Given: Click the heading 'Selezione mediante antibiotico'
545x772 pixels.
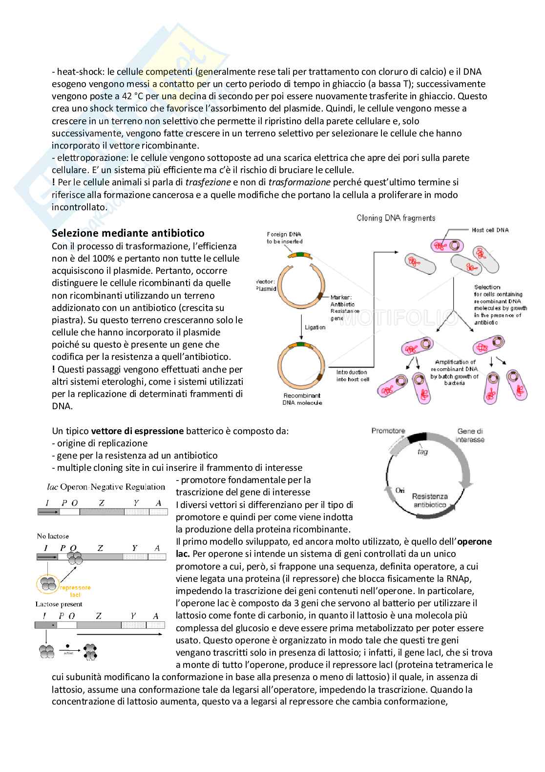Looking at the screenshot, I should pyautogui.click(x=128, y=233).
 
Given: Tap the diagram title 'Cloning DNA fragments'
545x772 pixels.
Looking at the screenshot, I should pyautogui.click(x=396, y=218).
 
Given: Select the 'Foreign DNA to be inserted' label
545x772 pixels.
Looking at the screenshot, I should pyautogui.click(x=285, y=238).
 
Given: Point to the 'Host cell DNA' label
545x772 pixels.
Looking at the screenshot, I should pyautogui.click(x=490, y=230).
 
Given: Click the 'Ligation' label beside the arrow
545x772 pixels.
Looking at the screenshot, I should pyautogui.click(x=315, y=327).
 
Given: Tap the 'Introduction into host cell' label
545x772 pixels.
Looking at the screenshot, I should pyautogui.click(x=353, y=375).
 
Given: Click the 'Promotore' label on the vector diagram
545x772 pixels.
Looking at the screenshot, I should pyautogui.click(x=388, y=431).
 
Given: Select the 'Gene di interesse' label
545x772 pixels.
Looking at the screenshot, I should pyautogui.click(x=470, y=435).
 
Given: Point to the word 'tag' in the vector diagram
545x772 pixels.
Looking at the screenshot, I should pyautogui.click(x=422, y=452).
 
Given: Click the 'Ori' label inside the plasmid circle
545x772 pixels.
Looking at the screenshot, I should pyautogui.click(x=400, y=490).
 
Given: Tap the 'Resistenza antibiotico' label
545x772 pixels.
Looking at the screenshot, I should pyautogui.click(x=430, y=500).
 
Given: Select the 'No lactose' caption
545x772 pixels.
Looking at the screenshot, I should pyautogui.click(x=53, y=536).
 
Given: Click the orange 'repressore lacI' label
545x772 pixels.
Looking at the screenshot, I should pyautogui.click(x=75, y=591).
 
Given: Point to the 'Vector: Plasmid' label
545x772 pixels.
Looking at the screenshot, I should pyautogui.click(x=266, y=285).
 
